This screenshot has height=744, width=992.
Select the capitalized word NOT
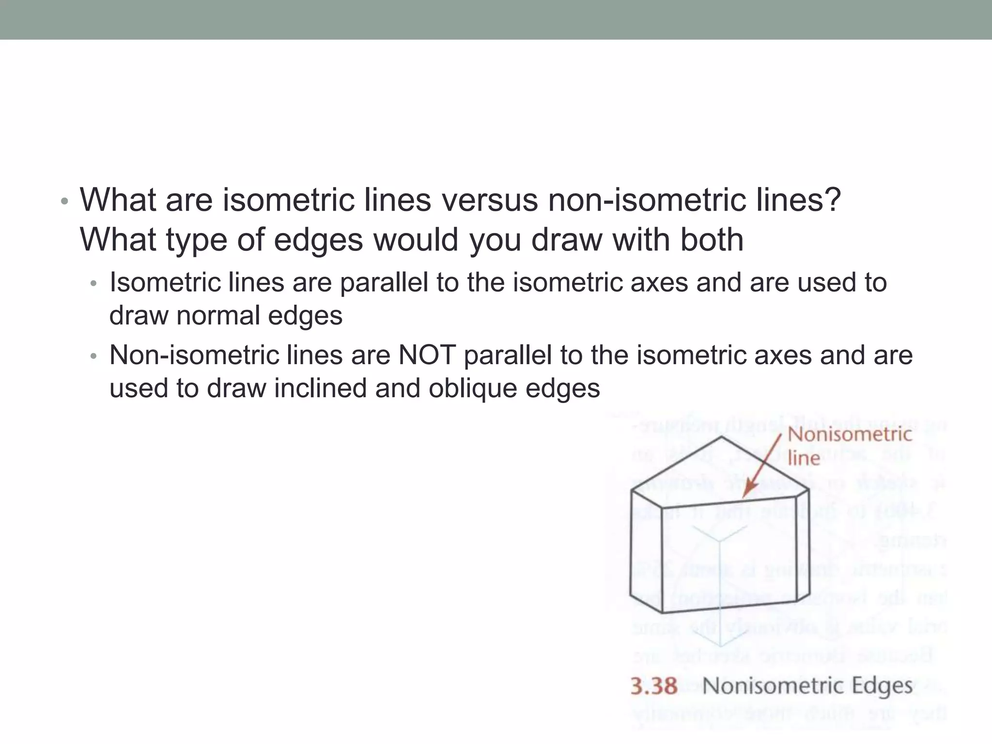pos(426,355)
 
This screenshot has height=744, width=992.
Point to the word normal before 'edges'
pos(218,315)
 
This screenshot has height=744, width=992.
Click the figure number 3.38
pos(653,686)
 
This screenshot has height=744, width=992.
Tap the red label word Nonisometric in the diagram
pos(850,434)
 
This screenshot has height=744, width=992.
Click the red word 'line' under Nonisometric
pos(804,458)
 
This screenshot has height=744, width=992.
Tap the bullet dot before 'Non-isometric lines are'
pos(94,356)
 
